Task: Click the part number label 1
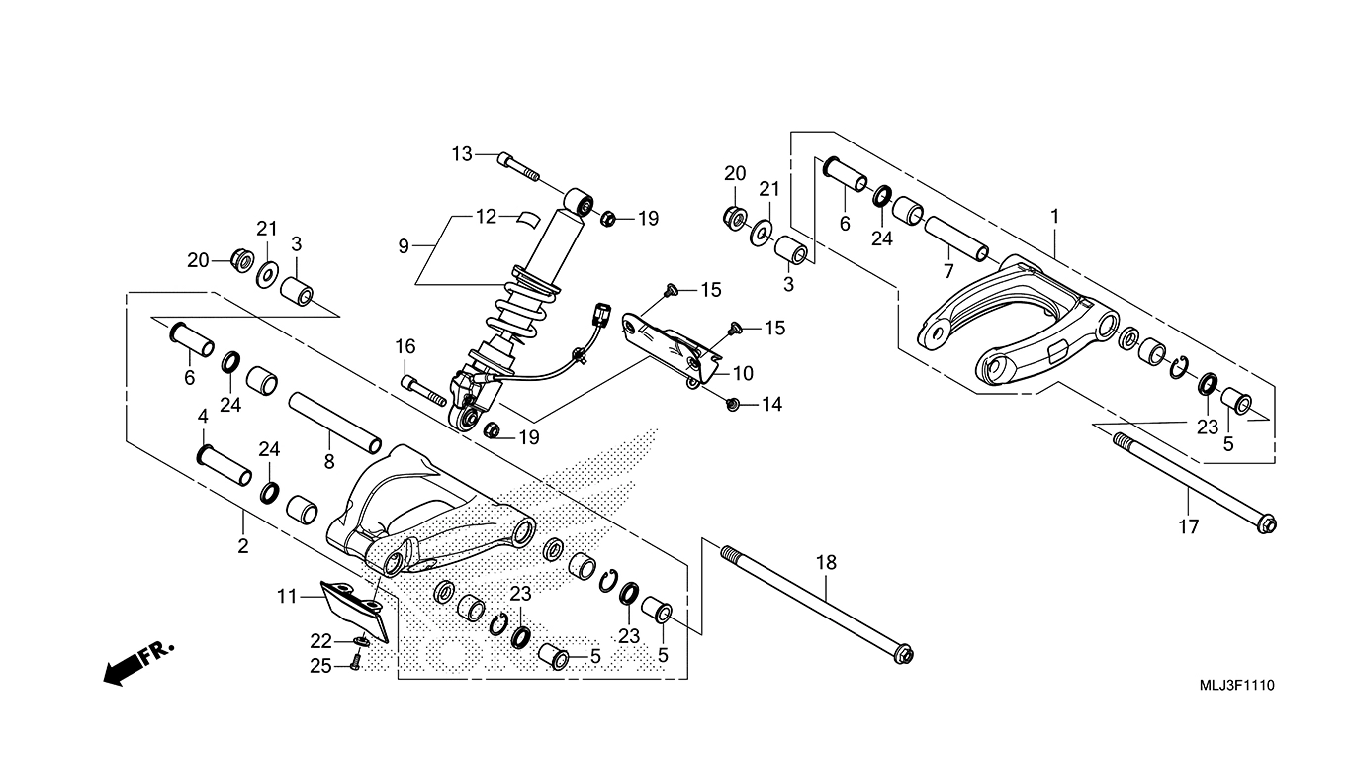pos(1055,216)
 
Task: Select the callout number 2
pos(243,546)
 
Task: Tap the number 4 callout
pos(204,416)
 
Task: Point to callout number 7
pos(948,272)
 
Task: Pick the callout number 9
pos(404,246)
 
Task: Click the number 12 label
pos(487,216)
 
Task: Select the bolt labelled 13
pos(518,167)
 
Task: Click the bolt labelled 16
pos(422,391)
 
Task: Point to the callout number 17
pos(1189,527)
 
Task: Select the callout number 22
pos(321,640)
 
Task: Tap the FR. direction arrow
pos(139,664)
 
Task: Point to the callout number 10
pos(743,374)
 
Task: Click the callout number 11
pos(287,597)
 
